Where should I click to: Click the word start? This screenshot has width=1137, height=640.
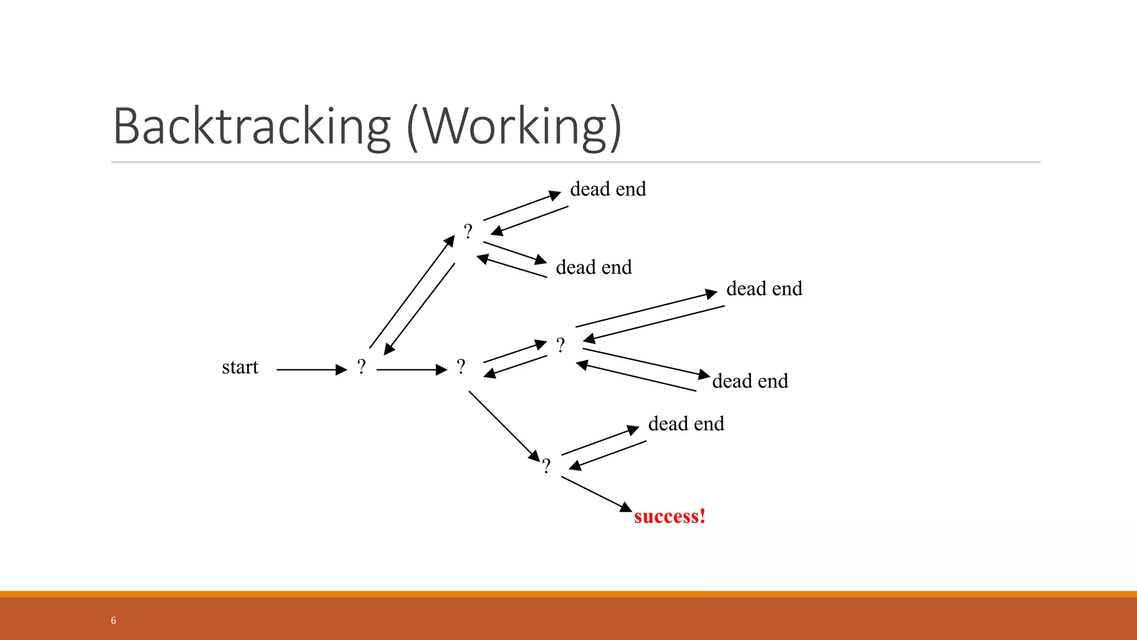tap(240, 367)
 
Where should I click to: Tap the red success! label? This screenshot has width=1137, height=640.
tap(670, 516)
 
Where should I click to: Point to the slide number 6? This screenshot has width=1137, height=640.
tap(113, 621)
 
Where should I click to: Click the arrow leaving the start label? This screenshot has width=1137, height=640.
tap(311, 369)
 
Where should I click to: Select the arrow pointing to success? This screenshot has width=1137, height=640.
tap(596, 494)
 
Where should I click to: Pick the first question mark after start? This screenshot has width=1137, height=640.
tap(361, 367)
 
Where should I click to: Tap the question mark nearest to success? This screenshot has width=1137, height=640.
tap(546, 466)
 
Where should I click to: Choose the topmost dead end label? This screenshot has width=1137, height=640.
tap(608, 189)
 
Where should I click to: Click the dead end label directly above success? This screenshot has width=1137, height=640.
tap(686, 424)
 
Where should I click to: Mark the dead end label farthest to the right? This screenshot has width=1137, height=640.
tap(764, 289)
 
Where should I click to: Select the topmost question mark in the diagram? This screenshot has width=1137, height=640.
tap(468, 231)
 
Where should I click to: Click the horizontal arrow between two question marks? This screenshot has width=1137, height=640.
tap(411, 369)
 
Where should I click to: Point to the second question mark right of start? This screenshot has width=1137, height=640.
tap(461, 367)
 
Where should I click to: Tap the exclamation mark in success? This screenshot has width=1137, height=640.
tap(702, 516)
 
